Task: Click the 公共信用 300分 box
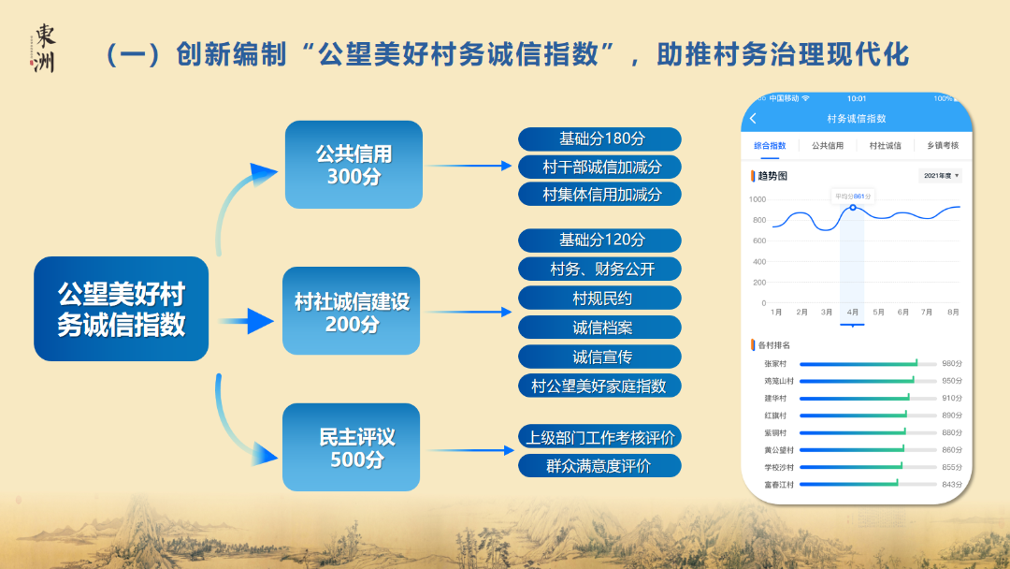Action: [x=353, y=165]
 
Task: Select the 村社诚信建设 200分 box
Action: [x=352, y=312]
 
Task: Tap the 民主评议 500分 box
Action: [x=352, y=447]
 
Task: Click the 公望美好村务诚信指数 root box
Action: [x=122, y=309]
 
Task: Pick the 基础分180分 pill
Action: [x=600, y=139]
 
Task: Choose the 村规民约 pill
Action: [x=600, y=299]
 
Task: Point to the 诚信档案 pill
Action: [x=600, y=328]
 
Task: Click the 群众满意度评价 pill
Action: [x=600, y=465]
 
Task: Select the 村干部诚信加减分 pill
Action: [x=600, y=167]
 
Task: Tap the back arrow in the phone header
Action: [x=754, y=119]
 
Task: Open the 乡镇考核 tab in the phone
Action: [x=942, y=146]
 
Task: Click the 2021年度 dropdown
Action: [x=941, y=176]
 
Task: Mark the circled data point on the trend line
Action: [x=852, y=207]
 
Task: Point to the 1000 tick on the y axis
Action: [x=757, y=199]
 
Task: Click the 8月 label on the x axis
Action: [x=952, y=311]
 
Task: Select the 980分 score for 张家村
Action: [x=951, y=363]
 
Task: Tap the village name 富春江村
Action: [x=778, y=485]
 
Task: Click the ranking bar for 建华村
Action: [x=853, y=398]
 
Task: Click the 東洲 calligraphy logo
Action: [x=43, y=47]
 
